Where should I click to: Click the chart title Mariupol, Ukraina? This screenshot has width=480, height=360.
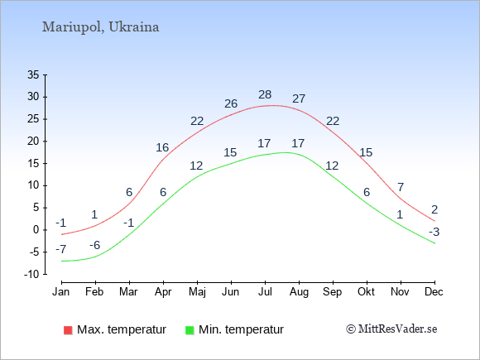coord(100,27)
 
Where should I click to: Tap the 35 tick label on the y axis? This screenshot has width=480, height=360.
coord(33,74)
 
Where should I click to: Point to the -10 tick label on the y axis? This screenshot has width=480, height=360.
coord(31,274)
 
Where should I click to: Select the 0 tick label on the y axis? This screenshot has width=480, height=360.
coord(36,230)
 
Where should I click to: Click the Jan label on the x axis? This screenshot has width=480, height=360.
coord(61,292)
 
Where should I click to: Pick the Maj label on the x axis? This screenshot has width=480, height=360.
coord(197,292)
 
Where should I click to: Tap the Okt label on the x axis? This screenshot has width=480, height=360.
coord(366,292)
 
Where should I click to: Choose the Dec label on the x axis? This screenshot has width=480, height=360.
coord(434,292)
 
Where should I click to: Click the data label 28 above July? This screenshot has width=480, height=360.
coord(265,94)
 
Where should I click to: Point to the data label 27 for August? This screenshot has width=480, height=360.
coord(299,98)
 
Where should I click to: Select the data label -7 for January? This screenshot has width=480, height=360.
coord(61,249)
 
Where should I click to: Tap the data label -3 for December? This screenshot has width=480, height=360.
coord(434,232)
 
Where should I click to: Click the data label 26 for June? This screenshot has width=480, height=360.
coord(231,103)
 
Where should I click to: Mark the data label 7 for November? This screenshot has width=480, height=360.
coord(401,187)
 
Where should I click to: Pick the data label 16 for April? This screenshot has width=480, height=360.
coord(162,147)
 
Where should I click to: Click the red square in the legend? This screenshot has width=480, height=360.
coord(68,330)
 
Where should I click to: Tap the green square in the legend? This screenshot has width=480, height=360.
coord(190,330)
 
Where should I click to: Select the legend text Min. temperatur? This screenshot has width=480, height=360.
coord(241,329)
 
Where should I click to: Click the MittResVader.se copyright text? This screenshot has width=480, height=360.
coord(391,329)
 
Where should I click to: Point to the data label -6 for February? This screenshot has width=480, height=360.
coord(95,245)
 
